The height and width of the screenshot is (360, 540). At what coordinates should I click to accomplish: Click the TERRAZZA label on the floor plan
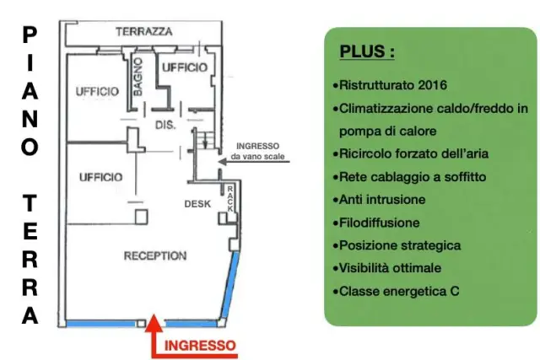tap(144, 32)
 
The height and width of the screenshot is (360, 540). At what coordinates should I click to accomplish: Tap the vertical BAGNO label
tap(138, 77)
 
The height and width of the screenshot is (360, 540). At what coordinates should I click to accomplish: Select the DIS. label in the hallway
tap(165, 125)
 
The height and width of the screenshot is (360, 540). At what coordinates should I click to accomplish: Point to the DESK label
tap(197, 204)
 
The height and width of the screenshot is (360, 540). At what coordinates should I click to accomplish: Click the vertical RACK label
tap(230, 199)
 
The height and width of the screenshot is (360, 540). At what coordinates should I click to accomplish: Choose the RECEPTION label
tap(155, 255)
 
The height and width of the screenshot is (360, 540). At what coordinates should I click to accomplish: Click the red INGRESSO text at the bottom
tap(200, 346)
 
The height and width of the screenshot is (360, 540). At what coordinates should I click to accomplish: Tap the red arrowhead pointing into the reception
tap(154, 323)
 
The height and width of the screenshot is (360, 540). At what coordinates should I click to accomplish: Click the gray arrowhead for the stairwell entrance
tap(223, 161)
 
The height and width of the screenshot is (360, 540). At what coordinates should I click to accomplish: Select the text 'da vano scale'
tap(257, 156)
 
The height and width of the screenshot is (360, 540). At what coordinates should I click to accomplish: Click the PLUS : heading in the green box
tap(367, 51)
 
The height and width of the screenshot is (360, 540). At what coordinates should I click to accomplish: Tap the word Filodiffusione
tap(379, 223)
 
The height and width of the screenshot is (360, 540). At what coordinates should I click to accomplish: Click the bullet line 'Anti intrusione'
tap(379, 200)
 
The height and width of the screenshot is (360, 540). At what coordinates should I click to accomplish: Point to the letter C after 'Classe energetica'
tap(455, 291)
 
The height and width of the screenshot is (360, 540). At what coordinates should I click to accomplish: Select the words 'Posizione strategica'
tap(400, 245)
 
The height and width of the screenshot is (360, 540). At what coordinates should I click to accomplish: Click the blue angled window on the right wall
tap(229, 285)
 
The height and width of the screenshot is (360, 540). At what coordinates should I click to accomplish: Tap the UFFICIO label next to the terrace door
tap(185, 67)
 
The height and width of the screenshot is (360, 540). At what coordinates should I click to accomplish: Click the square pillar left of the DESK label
tap(141, 217)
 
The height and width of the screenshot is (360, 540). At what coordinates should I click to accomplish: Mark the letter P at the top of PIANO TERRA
tap(30, 35)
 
